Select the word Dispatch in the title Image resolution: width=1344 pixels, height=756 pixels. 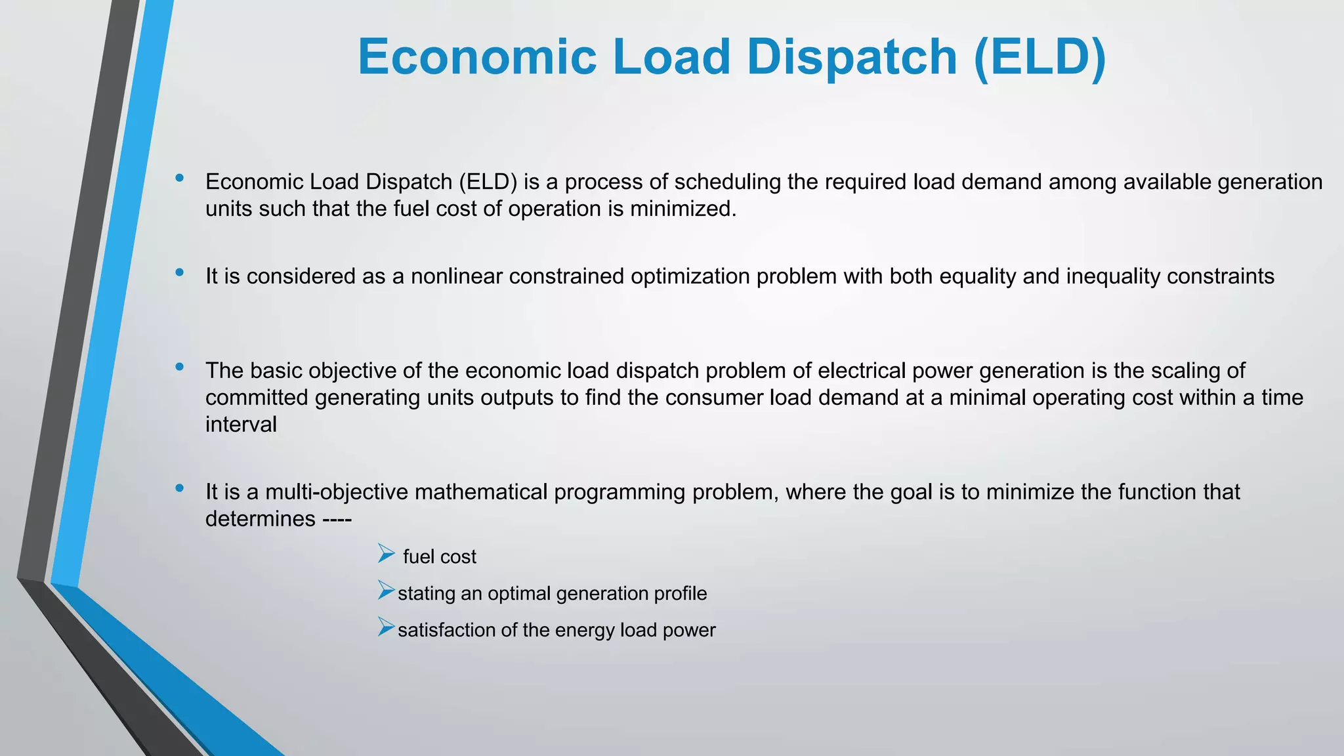tap(852, 57)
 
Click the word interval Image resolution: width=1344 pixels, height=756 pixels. tap(241, 425)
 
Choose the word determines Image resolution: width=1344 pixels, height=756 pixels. tap(261, 519)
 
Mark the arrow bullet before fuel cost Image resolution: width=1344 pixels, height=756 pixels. tap(386, 555)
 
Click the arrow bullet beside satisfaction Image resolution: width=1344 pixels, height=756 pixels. tap(386, 628)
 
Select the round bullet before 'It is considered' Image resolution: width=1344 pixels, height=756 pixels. tap(179, 272)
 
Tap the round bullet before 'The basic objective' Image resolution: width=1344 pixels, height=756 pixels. tap(179, 367)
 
